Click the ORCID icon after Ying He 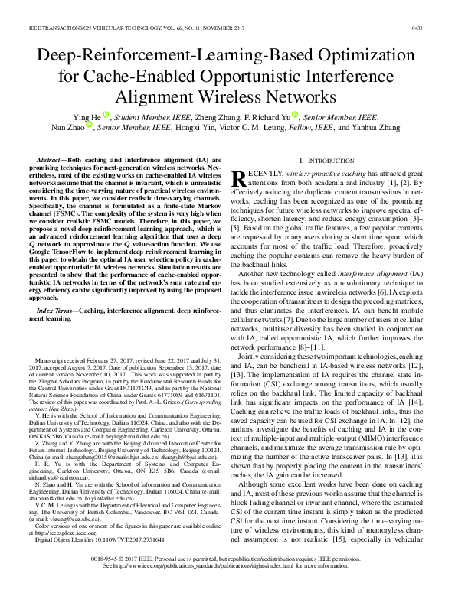105,116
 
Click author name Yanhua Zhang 376,129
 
